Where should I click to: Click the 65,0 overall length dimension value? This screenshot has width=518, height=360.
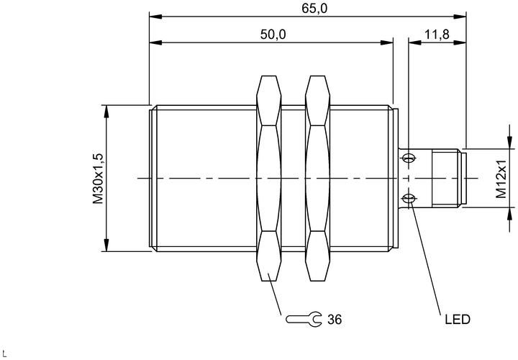tap(314, 9)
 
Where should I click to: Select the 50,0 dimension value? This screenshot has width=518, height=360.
tap(273, 34)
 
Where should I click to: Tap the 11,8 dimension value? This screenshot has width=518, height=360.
tap(437, 34)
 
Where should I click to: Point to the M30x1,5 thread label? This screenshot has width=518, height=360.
tap(98, 179)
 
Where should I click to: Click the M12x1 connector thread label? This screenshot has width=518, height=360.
tap(501, 179)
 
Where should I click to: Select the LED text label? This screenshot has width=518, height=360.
tap(458, 320)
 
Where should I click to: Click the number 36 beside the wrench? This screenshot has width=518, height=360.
tap(335, 320)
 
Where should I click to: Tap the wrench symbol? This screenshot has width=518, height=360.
tap(304, 320)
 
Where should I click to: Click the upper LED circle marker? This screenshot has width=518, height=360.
tap(409, 158)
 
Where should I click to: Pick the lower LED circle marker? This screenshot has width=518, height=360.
tap(409, 198)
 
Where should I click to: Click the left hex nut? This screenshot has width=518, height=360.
tap(268, 179)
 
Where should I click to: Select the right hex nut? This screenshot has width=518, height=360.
tap(318, 179)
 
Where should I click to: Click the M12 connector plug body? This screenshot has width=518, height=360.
tap(446, 179)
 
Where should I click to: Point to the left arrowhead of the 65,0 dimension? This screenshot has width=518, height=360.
tap(155, 17)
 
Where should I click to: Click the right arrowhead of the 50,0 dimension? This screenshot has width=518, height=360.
tap(386, 42)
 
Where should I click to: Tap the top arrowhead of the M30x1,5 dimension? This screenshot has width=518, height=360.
tap(106, 112)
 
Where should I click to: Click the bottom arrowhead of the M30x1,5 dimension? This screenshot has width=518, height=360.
tap(106, 245)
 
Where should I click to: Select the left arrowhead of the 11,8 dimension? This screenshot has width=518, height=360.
tap(415, 42)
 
